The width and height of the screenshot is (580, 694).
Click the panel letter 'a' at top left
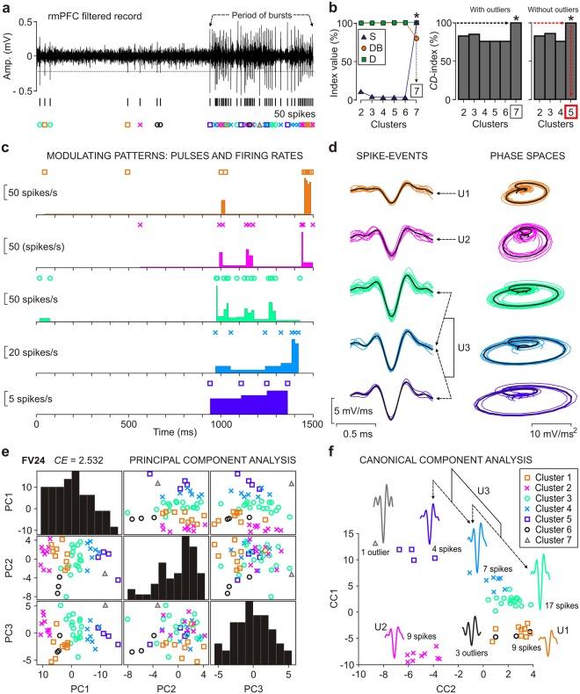click(x=8, y=8)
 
